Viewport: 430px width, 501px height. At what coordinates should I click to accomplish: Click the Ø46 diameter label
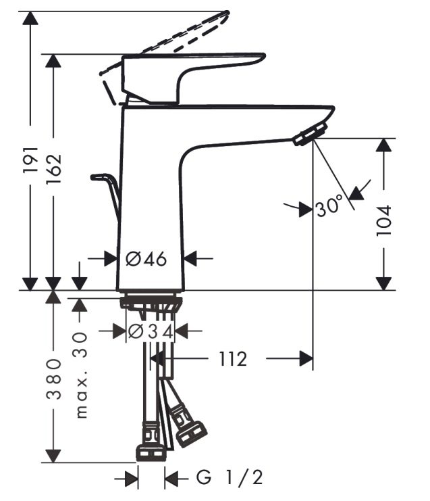pos(146,258)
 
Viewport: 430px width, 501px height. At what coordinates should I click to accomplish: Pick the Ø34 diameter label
pos(150,331)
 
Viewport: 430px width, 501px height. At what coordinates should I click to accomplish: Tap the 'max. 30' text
pos(81,376)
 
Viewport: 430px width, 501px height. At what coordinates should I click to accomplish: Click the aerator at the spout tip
pos(310,134)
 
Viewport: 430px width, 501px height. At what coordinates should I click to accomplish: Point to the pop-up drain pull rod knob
pos(101,178)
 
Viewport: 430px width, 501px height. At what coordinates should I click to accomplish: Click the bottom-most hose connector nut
pos(151,452)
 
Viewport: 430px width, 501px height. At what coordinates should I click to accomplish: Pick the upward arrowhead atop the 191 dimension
pos(30,18)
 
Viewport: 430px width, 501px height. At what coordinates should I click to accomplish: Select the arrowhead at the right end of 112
pos(306,358)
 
